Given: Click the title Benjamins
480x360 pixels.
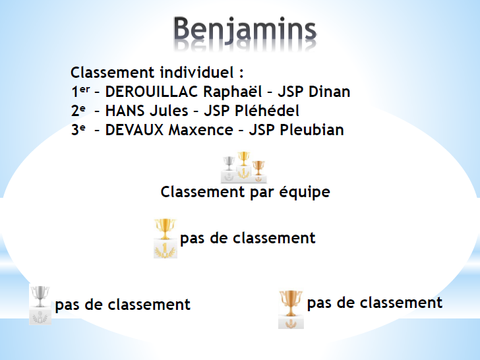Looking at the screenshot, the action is pos(245,30).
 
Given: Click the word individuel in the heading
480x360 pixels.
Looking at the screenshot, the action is pos(197,73).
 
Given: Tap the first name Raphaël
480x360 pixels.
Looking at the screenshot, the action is pos(233,92).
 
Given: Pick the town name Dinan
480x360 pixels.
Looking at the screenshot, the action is pos(329,92).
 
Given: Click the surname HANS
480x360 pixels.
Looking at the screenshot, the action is pos(124,111).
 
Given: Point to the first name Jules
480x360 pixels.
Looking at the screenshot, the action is pos(167,111).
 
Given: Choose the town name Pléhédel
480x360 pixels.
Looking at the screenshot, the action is pos(267,111).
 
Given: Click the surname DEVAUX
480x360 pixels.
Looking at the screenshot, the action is pos(135,130).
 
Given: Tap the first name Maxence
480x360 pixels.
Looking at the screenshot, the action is pos(201,130).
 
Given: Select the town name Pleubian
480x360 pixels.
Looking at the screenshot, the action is pos(312,130).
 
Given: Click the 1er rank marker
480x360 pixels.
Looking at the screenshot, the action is pos(80,91).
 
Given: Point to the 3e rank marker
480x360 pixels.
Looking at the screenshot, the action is pos(78,129).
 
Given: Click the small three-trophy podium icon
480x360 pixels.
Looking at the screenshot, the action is pos(244,167).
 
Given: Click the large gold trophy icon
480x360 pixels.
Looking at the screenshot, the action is pos(165,239).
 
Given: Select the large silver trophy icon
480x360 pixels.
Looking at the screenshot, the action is pos(40,305).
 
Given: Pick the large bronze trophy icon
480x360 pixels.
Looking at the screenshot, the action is pos(291,309).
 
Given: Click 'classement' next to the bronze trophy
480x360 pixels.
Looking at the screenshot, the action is pos(401,303).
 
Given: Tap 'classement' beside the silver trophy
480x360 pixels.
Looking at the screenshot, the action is pos(149,305).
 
